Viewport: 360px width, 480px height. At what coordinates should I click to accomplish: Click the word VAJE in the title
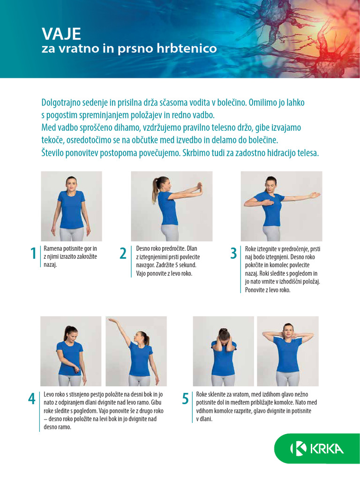[x=61, y=34]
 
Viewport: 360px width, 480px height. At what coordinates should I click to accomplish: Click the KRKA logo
[x=317, y=449]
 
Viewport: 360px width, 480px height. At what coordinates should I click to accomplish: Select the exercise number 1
[x=33, y=254]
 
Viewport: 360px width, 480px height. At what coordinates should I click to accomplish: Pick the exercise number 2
[x=123, y=254]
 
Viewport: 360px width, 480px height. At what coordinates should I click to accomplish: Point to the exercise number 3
[x=233, y=254]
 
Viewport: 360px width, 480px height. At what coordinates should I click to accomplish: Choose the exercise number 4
[x=32, y=399]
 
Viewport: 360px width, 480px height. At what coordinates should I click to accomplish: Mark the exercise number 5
[x=186, y=399]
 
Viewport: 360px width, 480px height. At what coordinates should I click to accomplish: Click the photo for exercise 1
[x=71, y=206]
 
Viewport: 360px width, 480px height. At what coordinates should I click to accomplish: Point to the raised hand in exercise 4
[x=112, y=321]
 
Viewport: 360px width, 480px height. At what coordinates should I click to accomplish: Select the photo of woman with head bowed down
[x=224, y=351]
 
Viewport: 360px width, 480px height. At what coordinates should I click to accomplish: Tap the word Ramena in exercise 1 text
[x=52, y=248]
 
